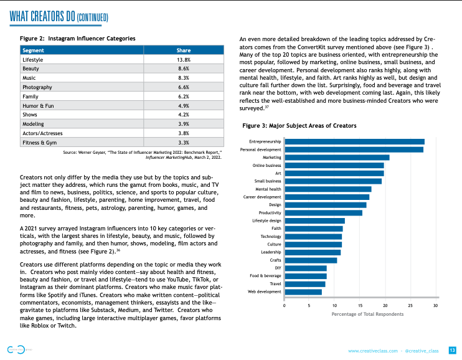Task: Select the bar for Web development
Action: (x=303, y=291)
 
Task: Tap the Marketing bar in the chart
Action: (x=336, y=158)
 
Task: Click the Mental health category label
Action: (x=268, y=189)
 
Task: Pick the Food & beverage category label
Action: (x=266, y=276)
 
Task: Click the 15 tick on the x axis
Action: (x=360, y=306)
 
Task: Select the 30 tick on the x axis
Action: (x=435, y=306)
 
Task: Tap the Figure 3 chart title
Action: (x=299, y=126)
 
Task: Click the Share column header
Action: (x=183, y=50)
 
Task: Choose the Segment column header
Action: (x=33, y=50)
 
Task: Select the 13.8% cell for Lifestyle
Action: (x=183, y=59)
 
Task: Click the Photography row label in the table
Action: (x=37, y=88)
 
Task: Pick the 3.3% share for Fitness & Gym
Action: (x=183, y=143)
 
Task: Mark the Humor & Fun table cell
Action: (x=37, y=106)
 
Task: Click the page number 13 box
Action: (x=453, y=351)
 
